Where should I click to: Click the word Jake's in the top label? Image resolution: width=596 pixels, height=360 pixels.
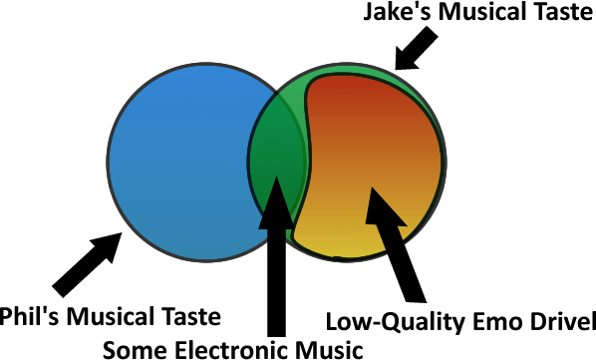tap(398, 11)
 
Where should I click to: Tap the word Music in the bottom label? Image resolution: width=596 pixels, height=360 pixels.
tap(329, 349)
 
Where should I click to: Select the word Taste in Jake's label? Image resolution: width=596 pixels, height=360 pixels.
tap(563, 11)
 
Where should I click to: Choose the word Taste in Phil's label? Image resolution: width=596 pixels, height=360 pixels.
tap(191, 316)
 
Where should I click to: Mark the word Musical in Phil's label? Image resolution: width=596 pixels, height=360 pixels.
tap(111, 316)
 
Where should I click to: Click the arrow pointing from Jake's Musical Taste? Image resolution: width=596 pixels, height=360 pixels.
tap(416, 48)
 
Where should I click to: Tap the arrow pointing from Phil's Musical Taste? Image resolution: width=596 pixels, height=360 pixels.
tap(88, 264)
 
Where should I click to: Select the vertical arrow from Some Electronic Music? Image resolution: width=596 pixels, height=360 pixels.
tap(276, 256)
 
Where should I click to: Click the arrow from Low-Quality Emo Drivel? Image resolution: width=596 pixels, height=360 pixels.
tap(396, 245)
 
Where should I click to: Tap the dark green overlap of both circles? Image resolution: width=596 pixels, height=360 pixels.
tap(277, 152)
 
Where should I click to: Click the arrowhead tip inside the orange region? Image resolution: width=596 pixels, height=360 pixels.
tap(372, 187)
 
